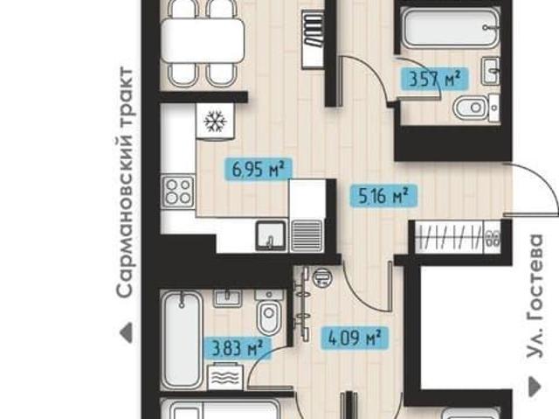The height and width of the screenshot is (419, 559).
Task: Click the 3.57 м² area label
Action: (434, 79)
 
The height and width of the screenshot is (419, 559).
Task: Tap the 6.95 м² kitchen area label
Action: (259, 169)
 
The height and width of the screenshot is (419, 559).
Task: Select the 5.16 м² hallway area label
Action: (383, 195)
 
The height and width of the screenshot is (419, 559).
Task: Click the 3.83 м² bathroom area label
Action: (237, 348)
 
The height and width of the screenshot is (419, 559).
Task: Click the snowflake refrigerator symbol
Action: (215, 121)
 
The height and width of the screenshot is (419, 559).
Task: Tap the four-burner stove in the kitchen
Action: (178, 192)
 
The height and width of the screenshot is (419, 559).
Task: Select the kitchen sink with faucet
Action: (271, 236)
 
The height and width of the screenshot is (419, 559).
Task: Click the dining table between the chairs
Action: (203, 40)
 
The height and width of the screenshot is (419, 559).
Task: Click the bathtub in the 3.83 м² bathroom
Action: (183, 339)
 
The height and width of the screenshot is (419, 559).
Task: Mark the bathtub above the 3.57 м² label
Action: (451, 27)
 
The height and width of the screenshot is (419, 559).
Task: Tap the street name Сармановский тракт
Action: (125, 182)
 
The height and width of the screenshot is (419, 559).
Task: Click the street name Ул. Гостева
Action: (535, 296)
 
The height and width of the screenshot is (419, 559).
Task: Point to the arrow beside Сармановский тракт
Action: (126, 333)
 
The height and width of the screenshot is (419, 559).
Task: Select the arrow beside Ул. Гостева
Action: (535, 387)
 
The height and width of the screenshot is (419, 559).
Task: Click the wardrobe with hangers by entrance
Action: (457, 237)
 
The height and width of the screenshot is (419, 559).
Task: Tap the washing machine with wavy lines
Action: (225, 376)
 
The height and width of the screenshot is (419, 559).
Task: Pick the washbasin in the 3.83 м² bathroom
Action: (227, 297)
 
